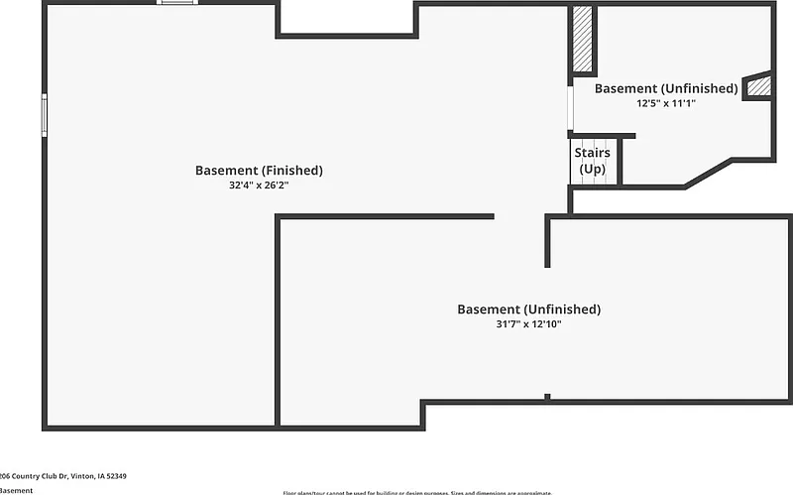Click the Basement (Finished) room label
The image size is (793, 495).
pos(259,171)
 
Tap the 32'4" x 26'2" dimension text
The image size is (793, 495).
pos(259,186)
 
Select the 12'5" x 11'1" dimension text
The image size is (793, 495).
pos(666,102)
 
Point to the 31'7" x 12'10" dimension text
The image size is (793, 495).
pos(528,324)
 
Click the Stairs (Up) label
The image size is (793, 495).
pos(592,161)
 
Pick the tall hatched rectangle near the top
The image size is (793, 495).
pos(583,40)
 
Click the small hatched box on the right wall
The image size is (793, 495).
pos(758,87)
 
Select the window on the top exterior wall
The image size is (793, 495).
pos(177,3)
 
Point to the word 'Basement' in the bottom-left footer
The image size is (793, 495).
pos(16,490)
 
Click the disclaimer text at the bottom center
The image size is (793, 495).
pos(416,492)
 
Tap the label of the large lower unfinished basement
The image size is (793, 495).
pos(528,309)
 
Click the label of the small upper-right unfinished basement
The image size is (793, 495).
pos(666,88)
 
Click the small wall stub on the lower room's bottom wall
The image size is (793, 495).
pos(547,398)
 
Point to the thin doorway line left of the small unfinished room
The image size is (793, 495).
pos(570,109)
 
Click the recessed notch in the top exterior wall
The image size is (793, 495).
pos(346,20)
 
